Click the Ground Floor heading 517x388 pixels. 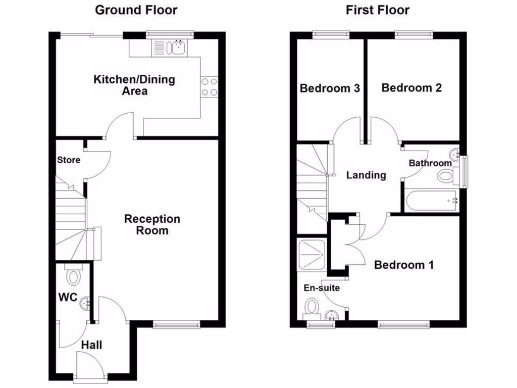pos(136,10)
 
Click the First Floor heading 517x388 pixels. pos(378,10)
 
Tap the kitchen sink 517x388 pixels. pos(177,48)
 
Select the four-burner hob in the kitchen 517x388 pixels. pos(209,86)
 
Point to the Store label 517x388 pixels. pos(69,160)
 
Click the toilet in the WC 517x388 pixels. pos(74,277)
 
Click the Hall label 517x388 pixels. pos(92,345)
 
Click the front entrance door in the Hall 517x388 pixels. pos(89,365)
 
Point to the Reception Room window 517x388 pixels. pos(176,325)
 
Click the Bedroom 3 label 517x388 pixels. pos(330,88)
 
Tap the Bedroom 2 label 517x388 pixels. pos(411,88)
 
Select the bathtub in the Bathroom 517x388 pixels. pos(430,200)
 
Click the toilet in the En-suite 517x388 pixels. pos(312,306)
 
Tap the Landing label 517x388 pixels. pos(366,175)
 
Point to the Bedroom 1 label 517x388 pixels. pos(403,265)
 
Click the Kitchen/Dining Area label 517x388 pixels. pos(134,85)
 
